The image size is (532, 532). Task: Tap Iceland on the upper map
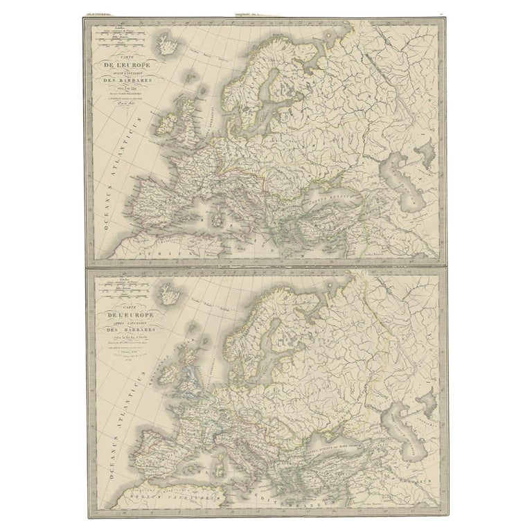[x=167, y=48]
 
